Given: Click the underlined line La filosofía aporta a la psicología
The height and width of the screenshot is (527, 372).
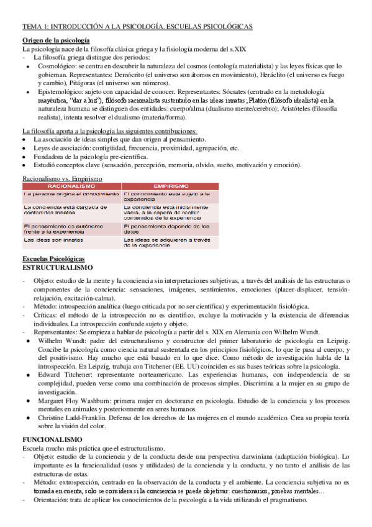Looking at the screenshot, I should pyautogui.click(x=109, y=131).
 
